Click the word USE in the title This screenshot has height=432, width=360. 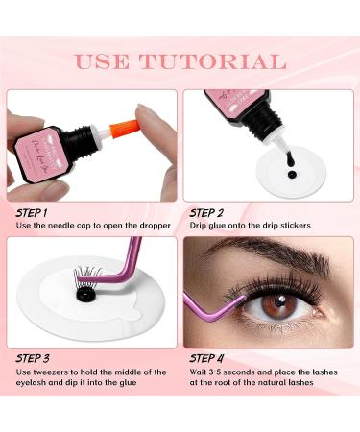[x=104, y=62]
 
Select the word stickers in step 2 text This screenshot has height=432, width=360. [x=313, y=226]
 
